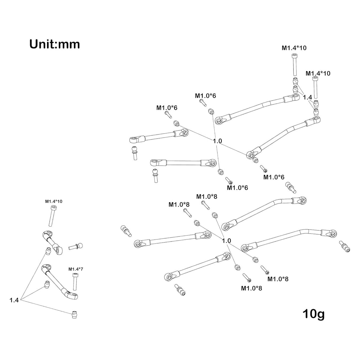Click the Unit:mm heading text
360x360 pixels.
click(55, 44)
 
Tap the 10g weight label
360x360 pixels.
click(313, 314)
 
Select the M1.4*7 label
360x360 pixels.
click(76, 269)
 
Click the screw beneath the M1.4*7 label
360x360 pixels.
click(75, 282)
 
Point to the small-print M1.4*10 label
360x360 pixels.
click(54, 201)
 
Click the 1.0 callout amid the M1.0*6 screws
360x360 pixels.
click(217, 141)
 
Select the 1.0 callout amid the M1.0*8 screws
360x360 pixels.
click(226, 241)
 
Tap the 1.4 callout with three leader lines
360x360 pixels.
click(14, 300)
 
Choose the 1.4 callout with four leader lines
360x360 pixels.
click(307, 97)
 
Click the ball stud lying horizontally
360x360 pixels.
click(76, 247)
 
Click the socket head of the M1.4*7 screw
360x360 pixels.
click(75, 275)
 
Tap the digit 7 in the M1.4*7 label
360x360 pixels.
click(82, 269)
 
